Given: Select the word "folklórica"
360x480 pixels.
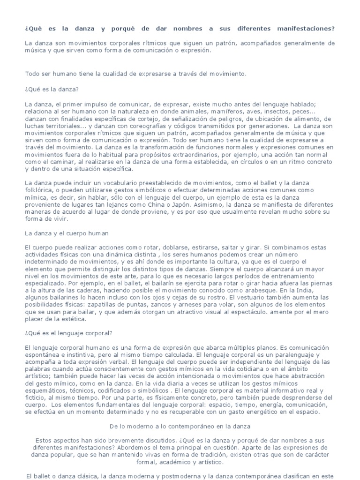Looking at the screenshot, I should tap(40, 189).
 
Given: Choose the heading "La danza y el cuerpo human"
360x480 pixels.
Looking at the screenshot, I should tap(67, 232).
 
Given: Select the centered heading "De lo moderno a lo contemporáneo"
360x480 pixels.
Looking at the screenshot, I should tap(180, 427).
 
